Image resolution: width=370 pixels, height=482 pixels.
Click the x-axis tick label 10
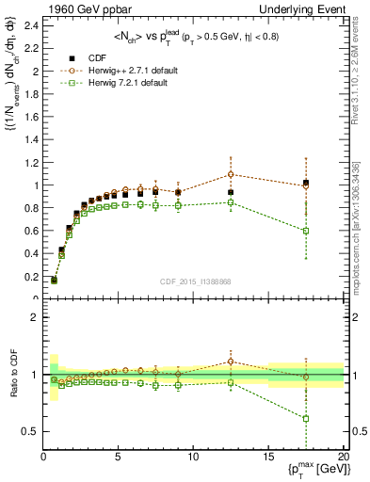point(193,457)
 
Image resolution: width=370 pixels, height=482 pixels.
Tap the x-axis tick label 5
point(119,457)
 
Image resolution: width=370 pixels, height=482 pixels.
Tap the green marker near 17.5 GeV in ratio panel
point(306,418)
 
